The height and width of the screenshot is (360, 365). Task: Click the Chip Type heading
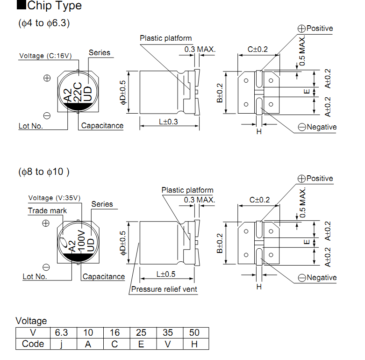coord(55,5)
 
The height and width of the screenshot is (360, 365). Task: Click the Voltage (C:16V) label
coord(45,56)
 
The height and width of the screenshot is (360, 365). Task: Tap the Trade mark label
coord(47,210)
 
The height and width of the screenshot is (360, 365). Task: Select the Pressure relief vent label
coord(164,289)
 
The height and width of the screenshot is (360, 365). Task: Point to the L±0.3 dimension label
coord(168,122)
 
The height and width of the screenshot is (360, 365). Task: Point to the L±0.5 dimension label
coord(166,274)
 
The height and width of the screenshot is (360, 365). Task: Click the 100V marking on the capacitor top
coord(81,241)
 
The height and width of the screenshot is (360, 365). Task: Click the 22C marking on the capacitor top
coord(78,92)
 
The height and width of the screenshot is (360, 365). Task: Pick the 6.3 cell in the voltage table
coord(61,332)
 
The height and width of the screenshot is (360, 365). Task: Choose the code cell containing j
coord(61,344)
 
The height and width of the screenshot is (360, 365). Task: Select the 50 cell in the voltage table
coord(194,332)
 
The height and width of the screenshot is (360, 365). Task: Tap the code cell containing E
coord(141,344)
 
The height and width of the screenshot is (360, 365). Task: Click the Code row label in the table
coord(33,344)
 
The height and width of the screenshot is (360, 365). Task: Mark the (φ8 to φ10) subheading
coord(44,172)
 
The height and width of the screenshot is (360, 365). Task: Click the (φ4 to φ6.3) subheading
coord(44,23)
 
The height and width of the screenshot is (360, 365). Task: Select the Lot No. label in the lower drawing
coord(35,276)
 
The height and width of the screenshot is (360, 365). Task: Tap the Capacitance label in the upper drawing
coord(102,126)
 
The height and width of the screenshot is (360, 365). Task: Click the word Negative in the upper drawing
coord(322,127)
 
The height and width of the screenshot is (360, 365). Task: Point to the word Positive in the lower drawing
coord(320,179)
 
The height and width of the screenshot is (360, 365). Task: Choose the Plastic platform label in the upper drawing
coord(166,38)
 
